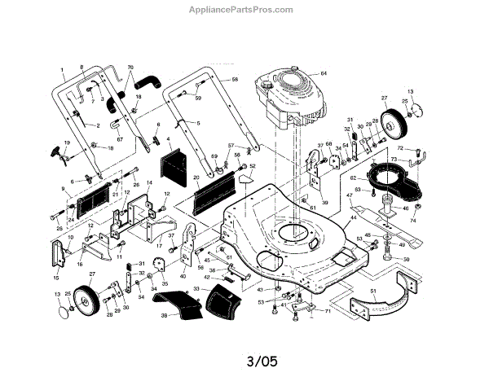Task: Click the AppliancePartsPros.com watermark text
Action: click(244, 10)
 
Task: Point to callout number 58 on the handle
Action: click(235, 79)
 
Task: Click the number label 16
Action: click(79, 264)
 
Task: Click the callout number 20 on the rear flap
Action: click(196, 178)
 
